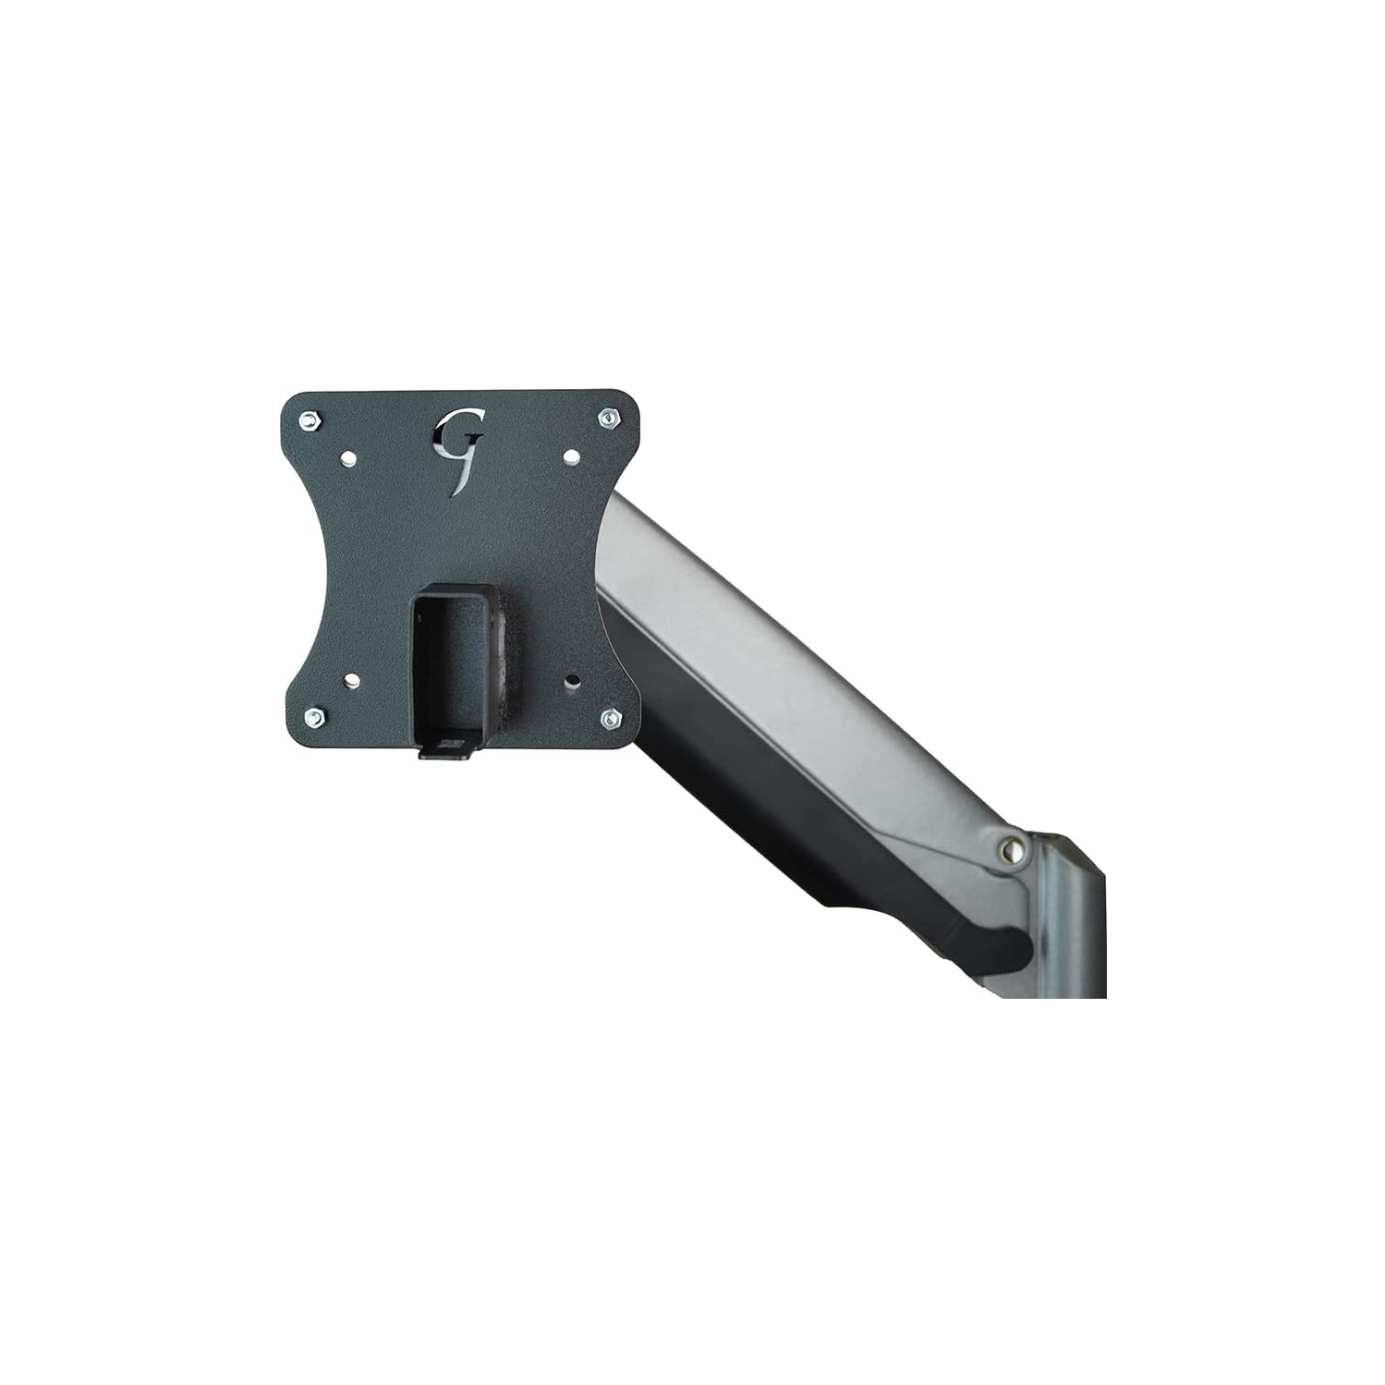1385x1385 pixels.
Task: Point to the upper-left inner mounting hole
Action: click(x=350, y=456)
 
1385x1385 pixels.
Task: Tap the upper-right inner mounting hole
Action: click(x=571, y=456)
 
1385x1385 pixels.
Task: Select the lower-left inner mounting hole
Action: click(x=353, y=681)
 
